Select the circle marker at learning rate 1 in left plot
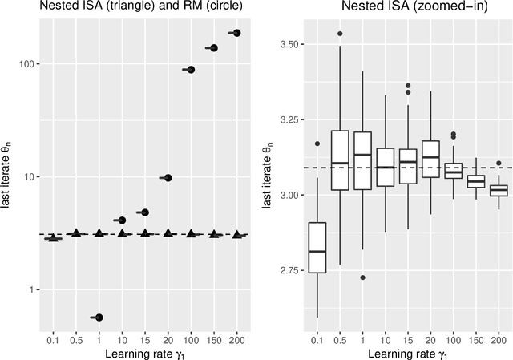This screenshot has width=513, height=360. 99,318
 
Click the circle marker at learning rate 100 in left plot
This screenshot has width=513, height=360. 191,70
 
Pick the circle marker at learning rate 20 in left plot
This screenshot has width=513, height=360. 168,178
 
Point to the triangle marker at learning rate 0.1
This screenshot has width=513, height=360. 53,238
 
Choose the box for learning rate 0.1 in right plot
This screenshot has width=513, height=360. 317,248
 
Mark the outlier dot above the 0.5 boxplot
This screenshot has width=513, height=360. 340,34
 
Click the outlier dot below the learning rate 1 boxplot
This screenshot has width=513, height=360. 363,277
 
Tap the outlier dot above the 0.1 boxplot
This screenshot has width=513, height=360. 317,144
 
